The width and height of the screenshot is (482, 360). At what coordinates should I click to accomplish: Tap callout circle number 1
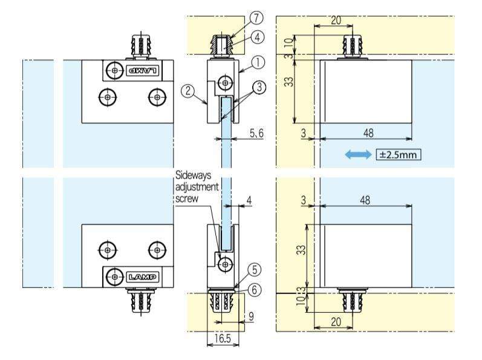[257, 61]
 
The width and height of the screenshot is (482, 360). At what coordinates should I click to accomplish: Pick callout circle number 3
[259, 88]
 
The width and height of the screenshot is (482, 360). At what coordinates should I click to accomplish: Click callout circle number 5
[256, 269]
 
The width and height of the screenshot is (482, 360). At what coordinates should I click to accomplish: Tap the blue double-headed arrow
[357, 155]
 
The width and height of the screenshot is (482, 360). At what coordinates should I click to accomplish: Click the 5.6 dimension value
[256, 133]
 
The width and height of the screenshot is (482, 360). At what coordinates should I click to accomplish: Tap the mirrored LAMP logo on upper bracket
[142, 70]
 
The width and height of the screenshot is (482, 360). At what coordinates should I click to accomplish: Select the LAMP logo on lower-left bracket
[142, 277]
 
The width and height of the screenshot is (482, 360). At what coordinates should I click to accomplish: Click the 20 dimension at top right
[336, 20]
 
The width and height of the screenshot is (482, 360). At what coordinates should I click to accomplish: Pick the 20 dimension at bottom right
[336, 322]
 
